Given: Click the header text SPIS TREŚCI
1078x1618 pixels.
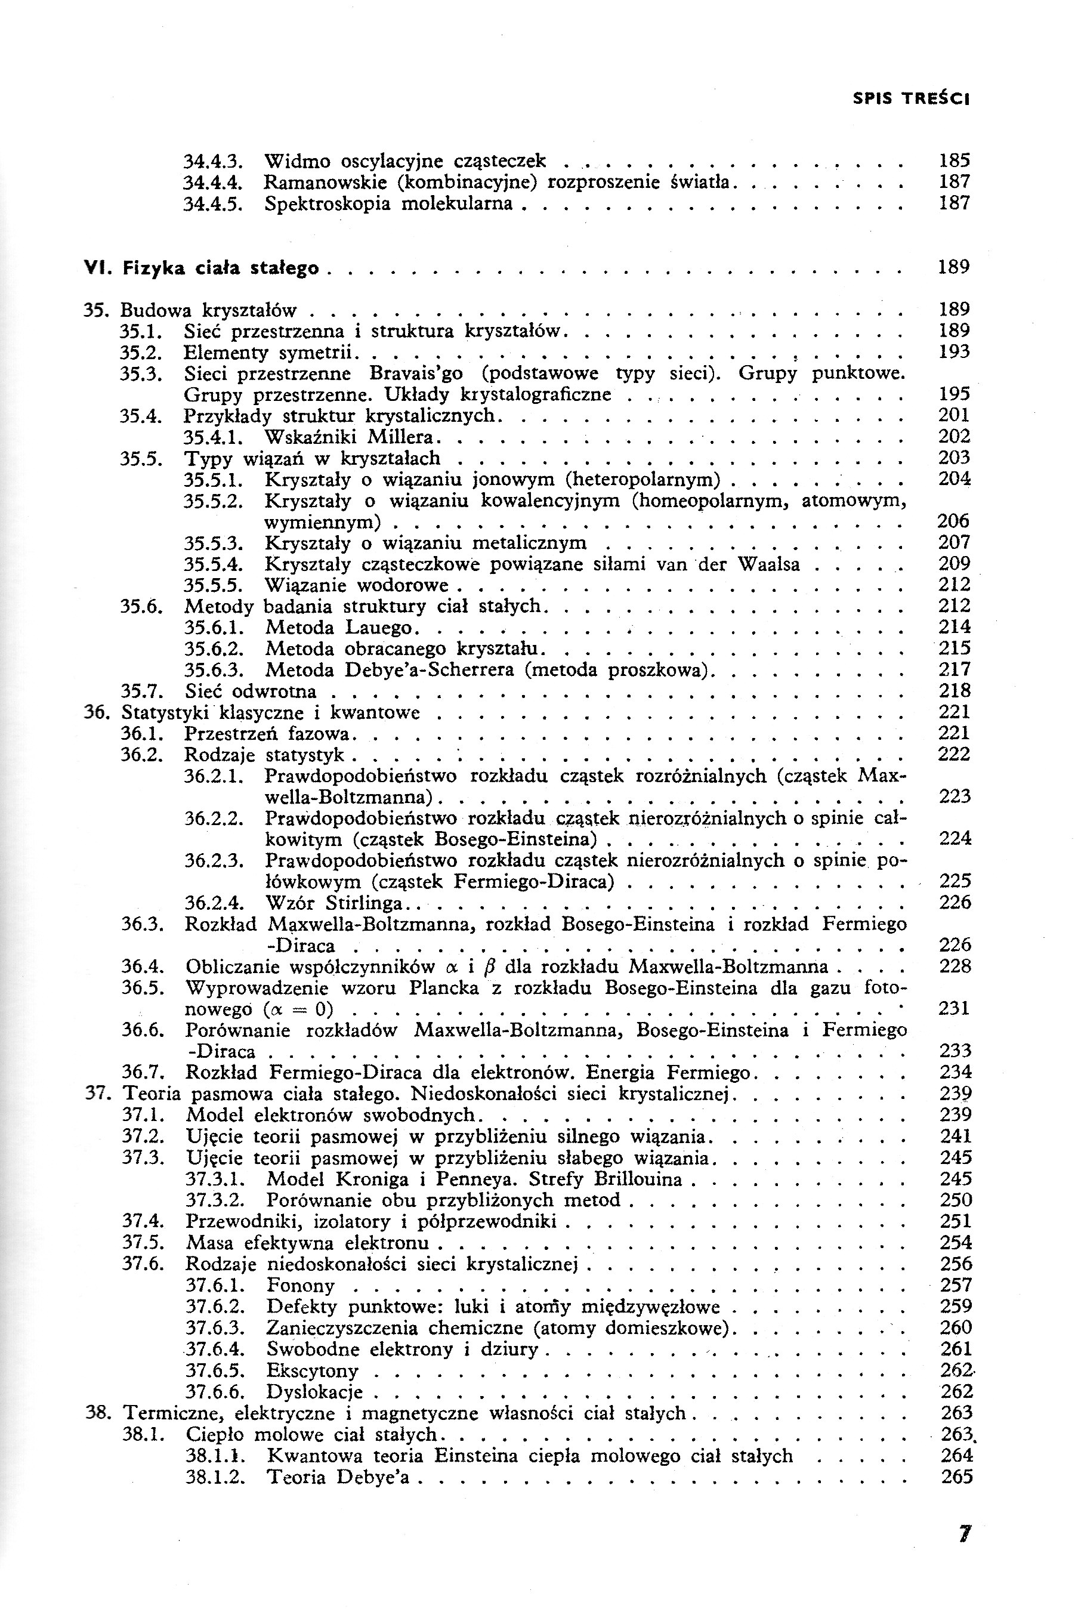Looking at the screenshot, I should [910, 99].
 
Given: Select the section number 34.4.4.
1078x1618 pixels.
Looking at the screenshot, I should [211, 183].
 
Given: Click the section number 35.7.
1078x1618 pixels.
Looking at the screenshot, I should [141, 691].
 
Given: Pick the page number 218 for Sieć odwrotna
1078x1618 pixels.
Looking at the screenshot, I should [955, 691].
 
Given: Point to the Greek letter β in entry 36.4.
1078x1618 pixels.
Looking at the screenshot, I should [490, 968].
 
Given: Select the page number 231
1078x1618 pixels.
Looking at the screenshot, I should [955, 1009].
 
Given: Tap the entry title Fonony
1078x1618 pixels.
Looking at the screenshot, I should [301, 1285].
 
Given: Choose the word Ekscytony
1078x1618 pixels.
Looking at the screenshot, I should [312, 1370].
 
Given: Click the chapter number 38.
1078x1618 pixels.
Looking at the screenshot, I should [95, 1413].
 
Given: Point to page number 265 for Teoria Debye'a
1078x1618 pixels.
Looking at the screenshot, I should [956, 1477].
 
